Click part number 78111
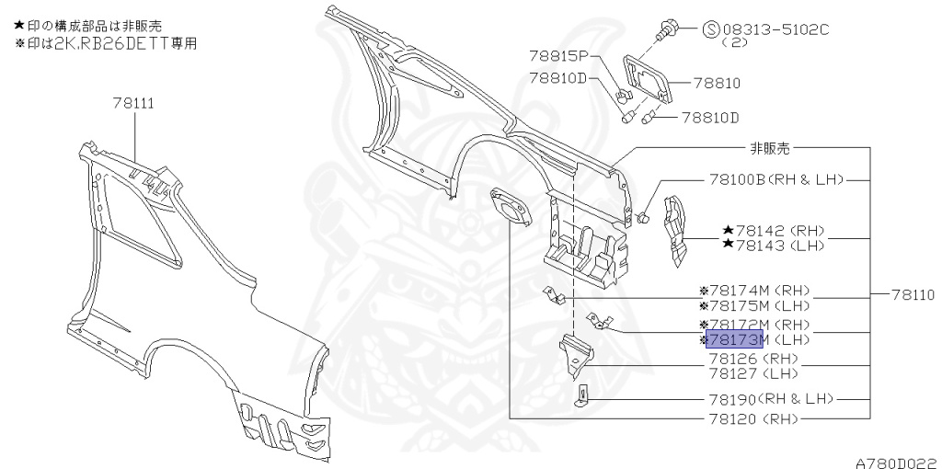tap(133, 103)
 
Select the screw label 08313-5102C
tap(775, 29)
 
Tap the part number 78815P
tap(559, 56)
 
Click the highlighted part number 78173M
tap(734, 339)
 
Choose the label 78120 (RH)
tap(753, 418)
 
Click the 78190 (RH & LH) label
tap(772, 399)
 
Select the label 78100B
tap(737, 179)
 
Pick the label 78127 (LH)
tap(753, 373)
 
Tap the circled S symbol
tap(711, 29)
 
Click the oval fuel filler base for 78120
tap(511, 207)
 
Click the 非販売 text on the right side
tap(770, 148)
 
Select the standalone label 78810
tap(718, 83)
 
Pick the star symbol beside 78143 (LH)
tap(729, 244)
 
